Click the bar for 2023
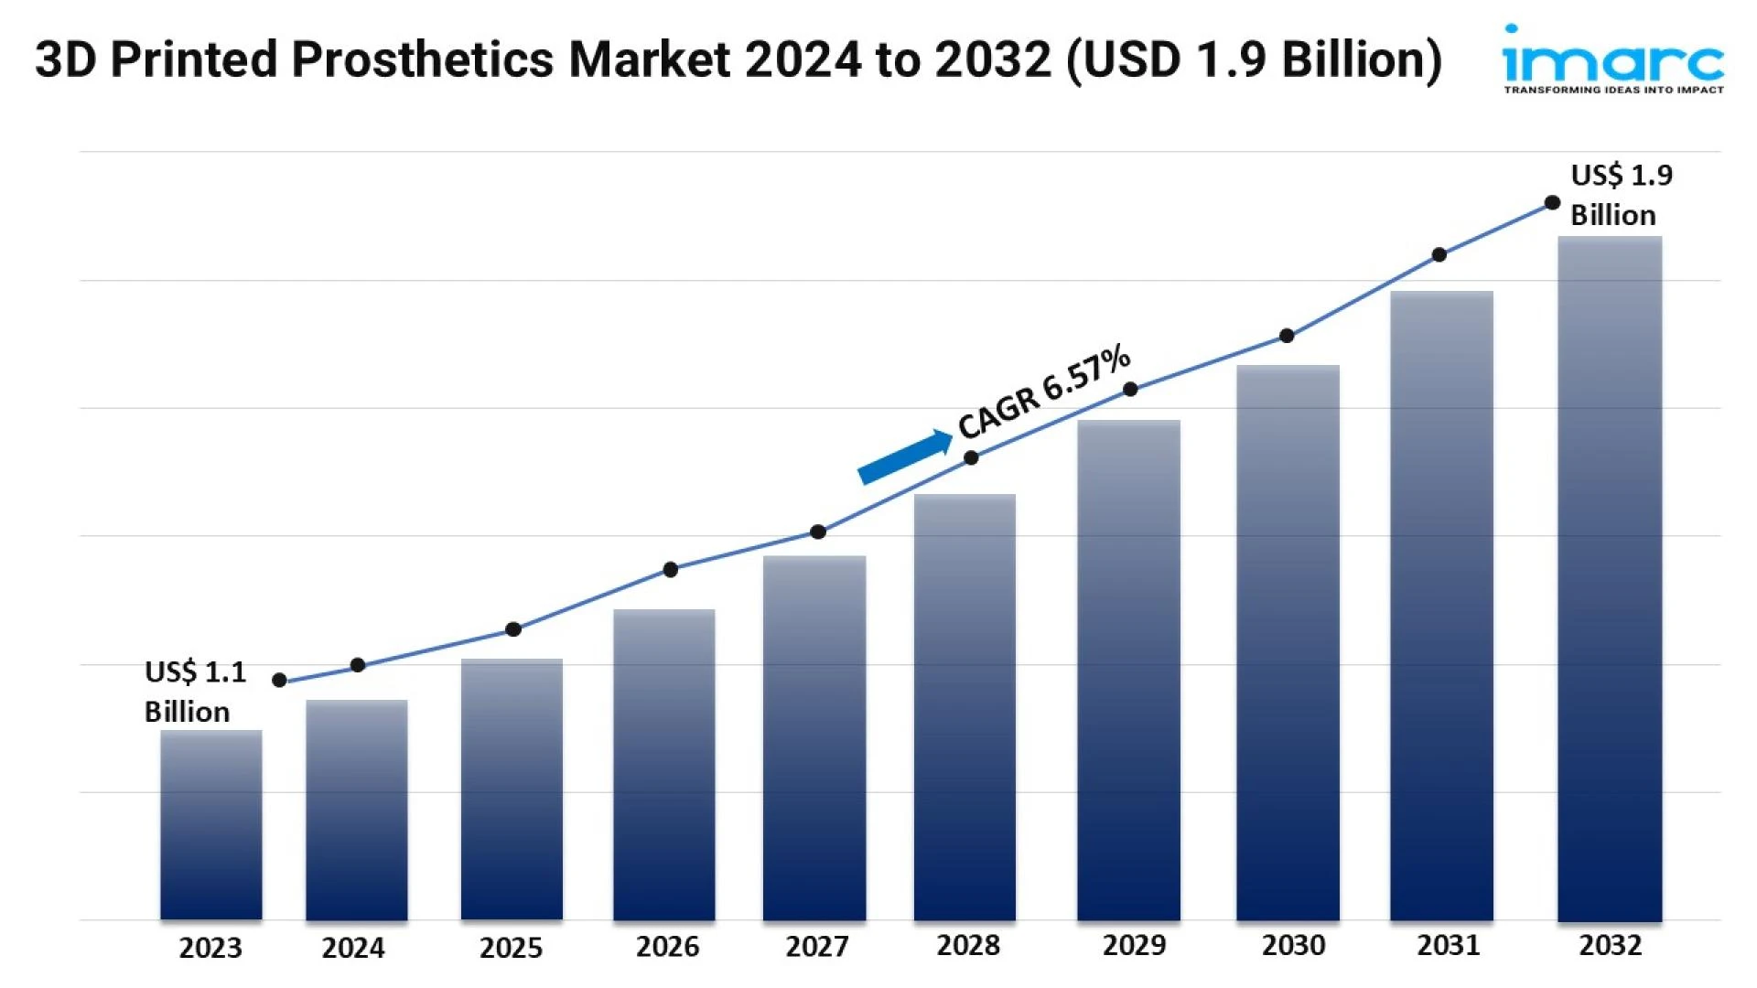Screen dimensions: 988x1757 click(x=211, y=824)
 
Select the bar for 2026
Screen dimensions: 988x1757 click(x=664, y=764)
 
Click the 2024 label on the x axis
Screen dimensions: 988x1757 click(x=353, y=948)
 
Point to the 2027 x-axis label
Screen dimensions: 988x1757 click(x=817, y=946)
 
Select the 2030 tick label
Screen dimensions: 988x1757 click(x=1293, y=945)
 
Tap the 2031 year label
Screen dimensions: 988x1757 click(x=1449, y=945)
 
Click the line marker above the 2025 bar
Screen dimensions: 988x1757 click(x=513, y=629)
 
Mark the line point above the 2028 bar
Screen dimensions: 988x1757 click(x=971, y=457)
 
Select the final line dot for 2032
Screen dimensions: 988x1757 click(x=1552, y=203)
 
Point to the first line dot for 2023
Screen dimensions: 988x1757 click(x=280, y=681)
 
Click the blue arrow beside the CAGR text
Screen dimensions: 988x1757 click(x=905, y=456)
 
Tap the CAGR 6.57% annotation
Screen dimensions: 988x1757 click(x=1044, y=392)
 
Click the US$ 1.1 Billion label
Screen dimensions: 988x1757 click(x=194, y=692)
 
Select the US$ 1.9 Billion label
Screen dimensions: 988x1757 click(x=1621, y=194)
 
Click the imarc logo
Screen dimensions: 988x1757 click(x=1612, y=59)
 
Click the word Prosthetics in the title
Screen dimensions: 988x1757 click(x=423, y=60)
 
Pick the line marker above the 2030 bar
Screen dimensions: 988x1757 click(x=1287, y=336)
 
